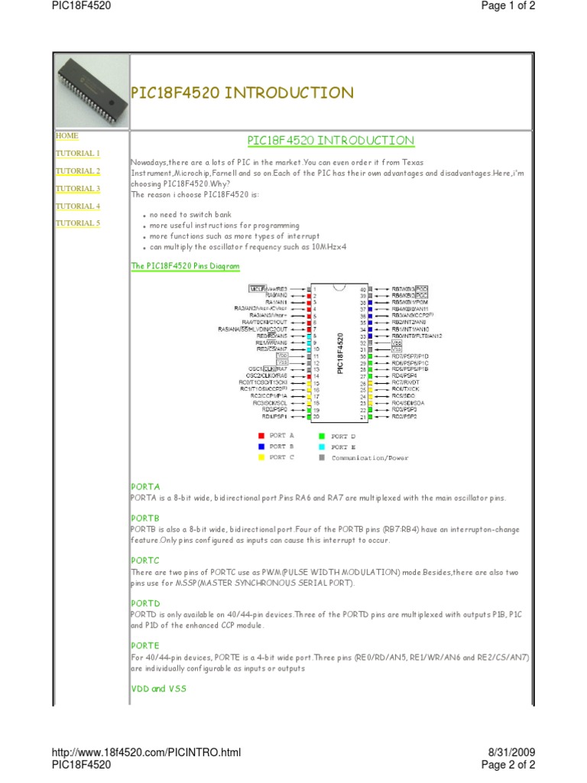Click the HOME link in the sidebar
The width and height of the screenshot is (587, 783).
(66, 136)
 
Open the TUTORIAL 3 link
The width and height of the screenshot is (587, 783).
(77, 189)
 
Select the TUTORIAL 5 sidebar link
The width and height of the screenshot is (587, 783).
(77, 223)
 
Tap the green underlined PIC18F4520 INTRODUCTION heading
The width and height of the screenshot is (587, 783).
(331, 141)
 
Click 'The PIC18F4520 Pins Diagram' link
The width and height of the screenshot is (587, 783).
(185, 267)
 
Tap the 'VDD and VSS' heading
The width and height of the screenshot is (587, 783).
(158, 689)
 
